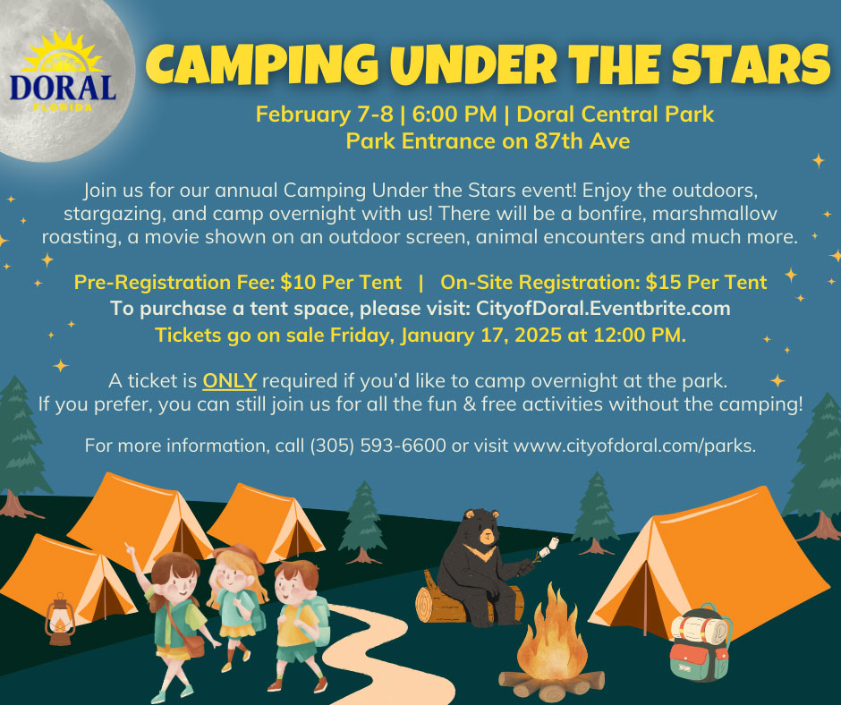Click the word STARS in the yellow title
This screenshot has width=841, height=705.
point(751,64)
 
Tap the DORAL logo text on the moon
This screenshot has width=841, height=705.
point(63,89)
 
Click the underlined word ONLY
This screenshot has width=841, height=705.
point(230,380)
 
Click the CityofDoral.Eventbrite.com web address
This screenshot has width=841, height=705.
point(603,309)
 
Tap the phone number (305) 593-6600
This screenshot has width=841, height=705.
point(378,446)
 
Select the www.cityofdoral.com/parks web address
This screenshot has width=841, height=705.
point(634,446)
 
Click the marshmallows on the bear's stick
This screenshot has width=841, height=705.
point(549,548)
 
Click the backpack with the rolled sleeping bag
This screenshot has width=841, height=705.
point(700,642)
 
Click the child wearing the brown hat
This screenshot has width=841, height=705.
point(237,605)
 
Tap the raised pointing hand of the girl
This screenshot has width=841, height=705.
point(129,549)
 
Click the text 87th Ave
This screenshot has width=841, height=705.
point(582,141)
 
